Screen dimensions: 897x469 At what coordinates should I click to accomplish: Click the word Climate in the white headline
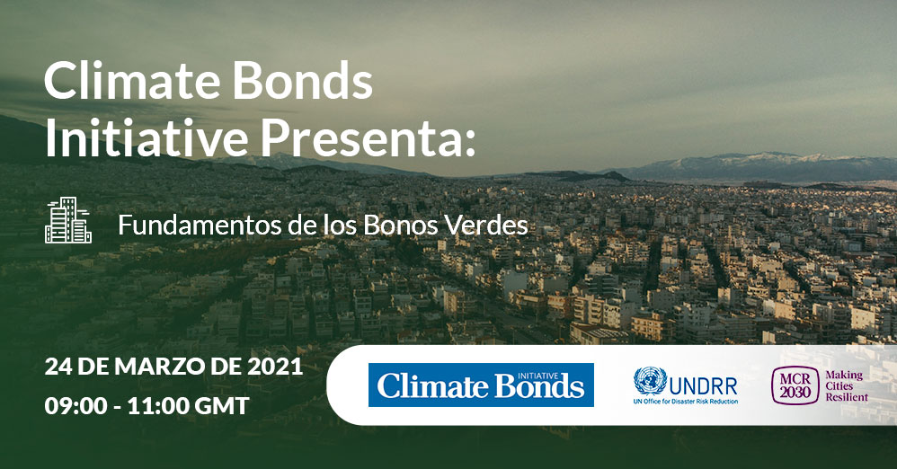click(x=133, y=80)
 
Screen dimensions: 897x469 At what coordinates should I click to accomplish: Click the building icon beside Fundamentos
click(x=68, y=220)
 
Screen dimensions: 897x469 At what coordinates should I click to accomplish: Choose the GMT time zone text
click(x=222, y=406)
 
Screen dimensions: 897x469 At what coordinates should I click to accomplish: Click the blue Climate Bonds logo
click(x=481, y=385)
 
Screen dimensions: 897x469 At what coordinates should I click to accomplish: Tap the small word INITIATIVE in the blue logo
click(x=537, y=376)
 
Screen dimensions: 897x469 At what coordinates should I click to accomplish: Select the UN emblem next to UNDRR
click(x=650, y=382)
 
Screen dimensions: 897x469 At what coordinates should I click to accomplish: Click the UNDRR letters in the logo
click(x=703, y=386)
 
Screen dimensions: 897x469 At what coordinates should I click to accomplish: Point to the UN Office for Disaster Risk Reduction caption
click(x=686, y=402)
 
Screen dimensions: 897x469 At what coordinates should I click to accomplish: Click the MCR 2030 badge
click(x=795, y=386)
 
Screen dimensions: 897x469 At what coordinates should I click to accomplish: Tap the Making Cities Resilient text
click(x=846, y=386)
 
